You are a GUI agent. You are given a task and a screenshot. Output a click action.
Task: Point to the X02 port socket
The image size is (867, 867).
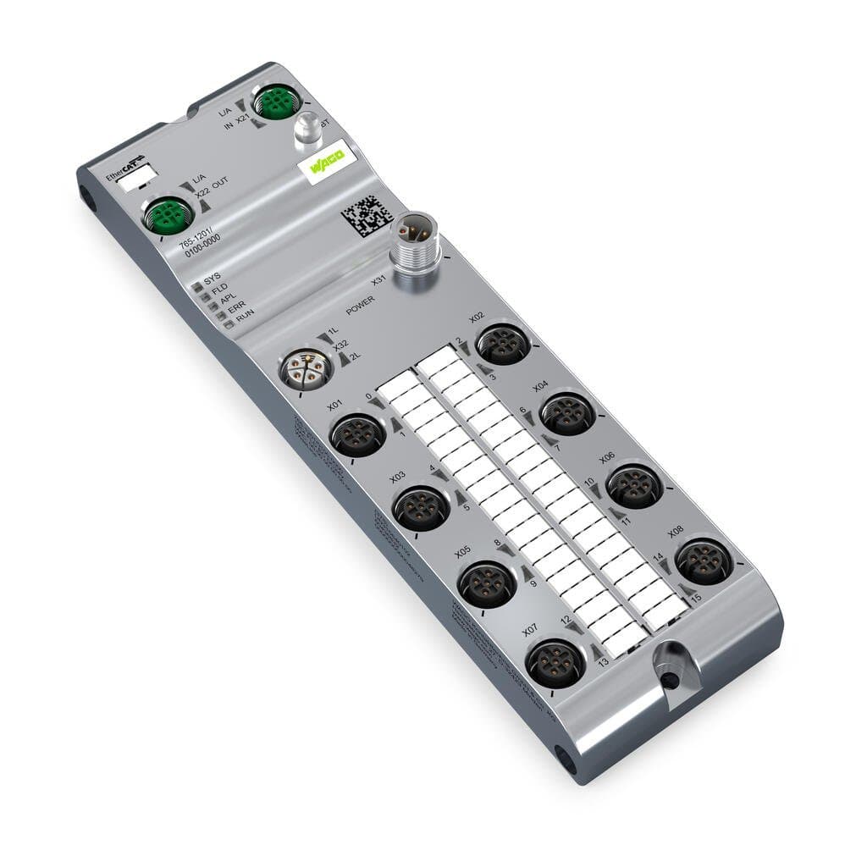(x=503, y=344)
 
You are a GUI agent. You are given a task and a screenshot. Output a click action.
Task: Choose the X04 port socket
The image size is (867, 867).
(x=567, y=412)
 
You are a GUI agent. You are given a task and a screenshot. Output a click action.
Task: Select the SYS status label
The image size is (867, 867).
(x=213, y=278)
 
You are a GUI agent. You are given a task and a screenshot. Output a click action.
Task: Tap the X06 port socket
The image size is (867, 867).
(x=633, y=485)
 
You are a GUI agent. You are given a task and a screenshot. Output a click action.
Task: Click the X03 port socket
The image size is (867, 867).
(x=421, y=508)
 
